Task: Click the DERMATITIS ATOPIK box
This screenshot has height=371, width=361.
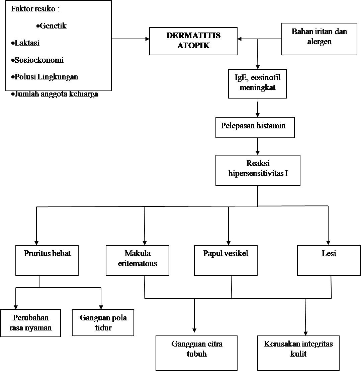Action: (x=193, y=41)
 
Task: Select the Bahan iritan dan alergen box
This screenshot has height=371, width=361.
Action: (x=319, y=39)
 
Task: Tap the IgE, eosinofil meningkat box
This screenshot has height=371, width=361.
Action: (x=257, y=83)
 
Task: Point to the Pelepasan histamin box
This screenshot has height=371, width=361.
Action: (x=255, y=127)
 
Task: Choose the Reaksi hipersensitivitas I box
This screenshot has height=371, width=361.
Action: (x=258, y=170)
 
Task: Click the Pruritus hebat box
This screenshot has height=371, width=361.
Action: (x=47, y=260)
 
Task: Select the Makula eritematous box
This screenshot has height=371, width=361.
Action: (x=138, y=260)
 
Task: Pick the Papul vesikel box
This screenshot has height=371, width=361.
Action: (x=226, y=260)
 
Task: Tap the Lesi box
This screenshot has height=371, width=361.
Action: (x=328, y=260)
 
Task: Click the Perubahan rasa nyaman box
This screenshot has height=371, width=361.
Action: (x=31, y=323)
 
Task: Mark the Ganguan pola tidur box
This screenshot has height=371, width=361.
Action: (x=103, y=322)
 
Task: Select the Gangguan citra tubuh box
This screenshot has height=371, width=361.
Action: (x=197, y=353)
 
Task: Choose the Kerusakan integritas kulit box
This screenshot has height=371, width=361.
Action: (x=298, y=353)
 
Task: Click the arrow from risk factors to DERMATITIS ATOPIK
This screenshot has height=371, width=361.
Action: (x=130, y=39)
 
